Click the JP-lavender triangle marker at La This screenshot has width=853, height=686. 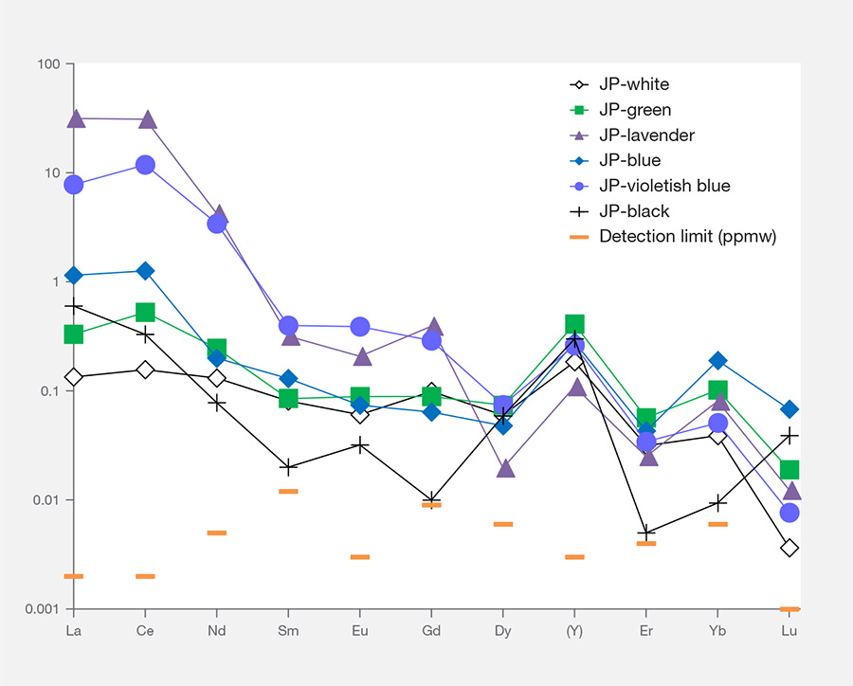(x=74, y=119)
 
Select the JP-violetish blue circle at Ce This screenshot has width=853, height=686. (x=145, y=165)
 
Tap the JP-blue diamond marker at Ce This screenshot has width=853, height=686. (x=145, y=271)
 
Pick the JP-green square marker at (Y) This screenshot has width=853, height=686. (x=574, y=324)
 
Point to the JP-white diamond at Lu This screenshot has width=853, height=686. (x=789, y=548)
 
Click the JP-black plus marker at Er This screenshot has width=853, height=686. (x=646, y=533)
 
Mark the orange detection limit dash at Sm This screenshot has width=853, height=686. (x=288, y=491)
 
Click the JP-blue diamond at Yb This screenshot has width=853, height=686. (x=718, y=360)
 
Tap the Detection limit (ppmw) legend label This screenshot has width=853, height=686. (x=687, y=236)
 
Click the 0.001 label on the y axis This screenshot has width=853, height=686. (x=42, y=609)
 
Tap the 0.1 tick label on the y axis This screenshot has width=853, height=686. (x=48, y=391)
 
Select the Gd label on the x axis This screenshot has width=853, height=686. (x=431, y=630)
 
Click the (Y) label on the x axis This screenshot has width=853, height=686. (x=574, y=630)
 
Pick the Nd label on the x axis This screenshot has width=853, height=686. (x=217, y=630)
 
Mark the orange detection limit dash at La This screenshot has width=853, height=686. (x=74, y=576)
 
